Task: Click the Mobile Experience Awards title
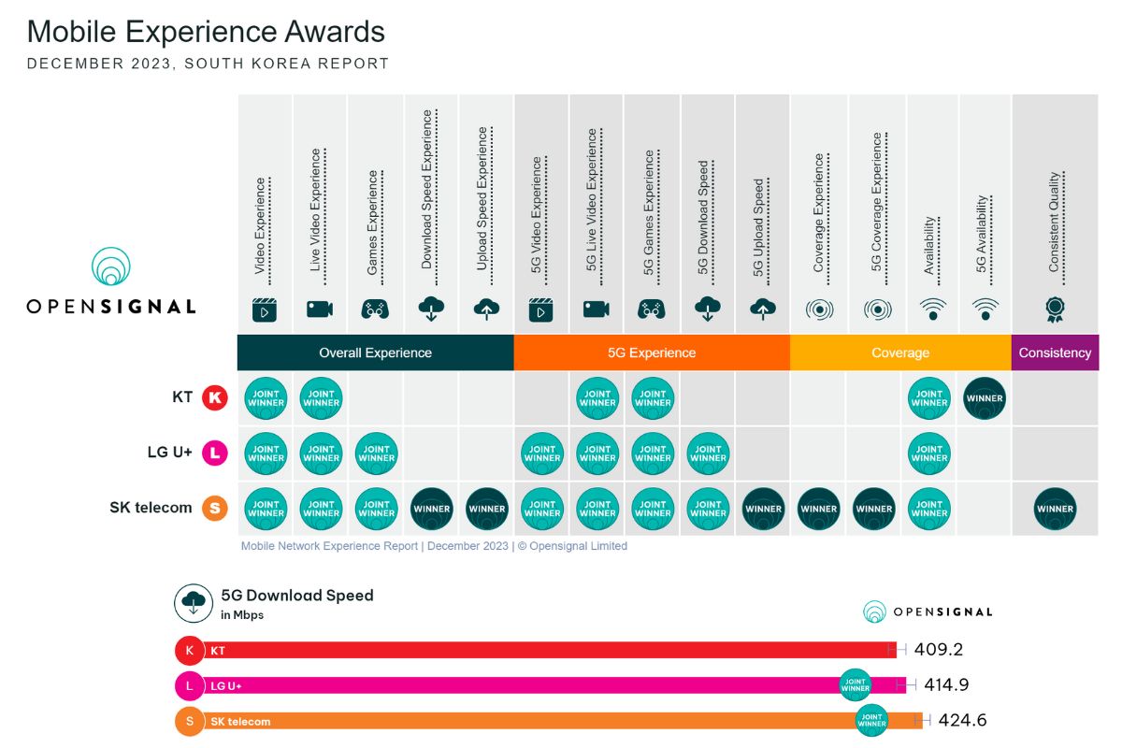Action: (x=206, y=32)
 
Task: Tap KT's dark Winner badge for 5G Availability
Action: (x=985, y=398)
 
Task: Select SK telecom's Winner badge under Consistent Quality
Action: (x=1055, y=509)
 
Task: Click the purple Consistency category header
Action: (x=1055, y=352)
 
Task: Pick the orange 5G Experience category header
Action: (x=652, y=352)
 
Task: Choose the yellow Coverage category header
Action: (x=900, y=352)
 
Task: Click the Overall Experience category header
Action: (x=375, y=352)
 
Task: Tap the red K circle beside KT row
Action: (x=215, y=397)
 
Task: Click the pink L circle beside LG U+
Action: (x=215, y=453)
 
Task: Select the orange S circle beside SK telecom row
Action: (x=215, y=509)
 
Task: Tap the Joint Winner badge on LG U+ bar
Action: (x=856, y=685)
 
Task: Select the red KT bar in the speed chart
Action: (x=542, y=650)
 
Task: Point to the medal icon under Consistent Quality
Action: (x=1055, y=309)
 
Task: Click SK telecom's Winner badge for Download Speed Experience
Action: (x=431, y=509)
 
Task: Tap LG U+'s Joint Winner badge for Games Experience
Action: (x=376, y=453)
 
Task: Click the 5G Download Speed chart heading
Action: (x=296, y=596)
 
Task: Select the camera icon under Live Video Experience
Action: (x=320, y=309)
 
